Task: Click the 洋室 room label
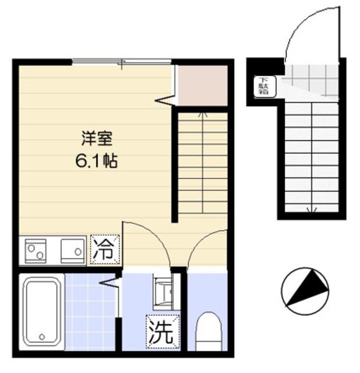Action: click(96, 140)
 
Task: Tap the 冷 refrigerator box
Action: click(105, 250)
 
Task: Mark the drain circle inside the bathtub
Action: click(42, 336)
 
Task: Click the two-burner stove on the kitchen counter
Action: click(34, 250)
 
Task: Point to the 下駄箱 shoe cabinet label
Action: click(263, 86)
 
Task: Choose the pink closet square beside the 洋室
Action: click(202, 86)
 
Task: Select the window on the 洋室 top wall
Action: click(121, 62)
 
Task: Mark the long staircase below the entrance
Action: click(312, 157)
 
